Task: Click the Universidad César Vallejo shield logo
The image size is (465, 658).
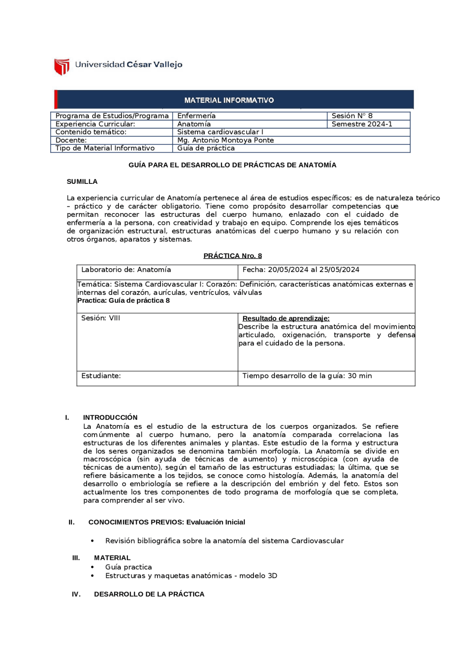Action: tap(62, 66)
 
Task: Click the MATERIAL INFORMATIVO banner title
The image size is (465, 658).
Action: tap(229, 100)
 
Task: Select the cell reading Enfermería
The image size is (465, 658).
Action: tap(196, 116)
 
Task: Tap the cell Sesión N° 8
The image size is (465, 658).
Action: tap(352, 116)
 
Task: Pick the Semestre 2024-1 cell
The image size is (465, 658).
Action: tap(361, 124)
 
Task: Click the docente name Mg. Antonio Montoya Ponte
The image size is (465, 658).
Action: tap(225, 140)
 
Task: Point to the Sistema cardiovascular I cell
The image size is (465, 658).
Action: tap(220, 132)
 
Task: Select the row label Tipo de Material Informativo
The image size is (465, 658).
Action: tap(105, 148)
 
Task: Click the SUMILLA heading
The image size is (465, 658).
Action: tap(82, 182)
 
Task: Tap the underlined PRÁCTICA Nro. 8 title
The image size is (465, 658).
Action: tap(232, 256)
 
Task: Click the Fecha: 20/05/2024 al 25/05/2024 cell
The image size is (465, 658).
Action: tap(301, 270)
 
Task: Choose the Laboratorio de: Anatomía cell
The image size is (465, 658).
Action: tap(126, 270)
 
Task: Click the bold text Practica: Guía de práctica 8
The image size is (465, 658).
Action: tap(124, 300)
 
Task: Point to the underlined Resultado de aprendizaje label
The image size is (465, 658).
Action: tap(286, 318)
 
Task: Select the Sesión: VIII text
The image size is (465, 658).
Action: tap(101, 318)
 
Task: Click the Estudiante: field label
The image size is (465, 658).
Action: tap(101, 376)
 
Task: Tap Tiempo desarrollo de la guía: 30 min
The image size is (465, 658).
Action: tap(307, 376)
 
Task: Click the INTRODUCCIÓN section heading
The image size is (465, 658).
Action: tap(110, 417)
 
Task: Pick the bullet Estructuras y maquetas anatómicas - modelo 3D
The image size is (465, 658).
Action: tap(191, 576)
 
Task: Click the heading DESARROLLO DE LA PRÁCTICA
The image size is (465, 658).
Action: tap(149, 594)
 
